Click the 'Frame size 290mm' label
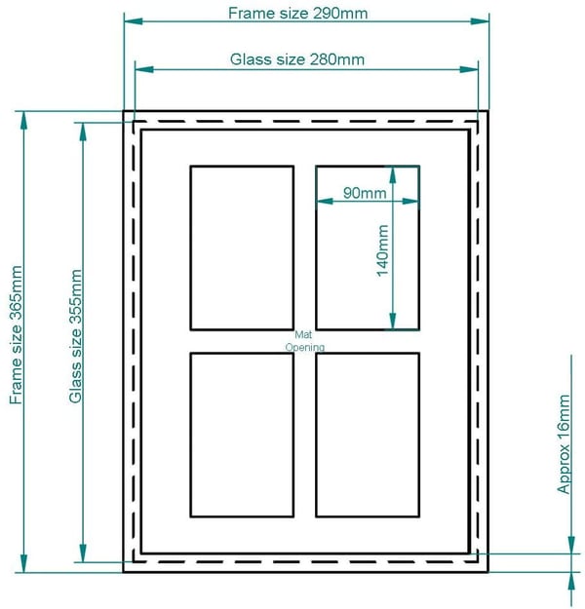[297, 14]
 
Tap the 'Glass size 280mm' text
[297, 59]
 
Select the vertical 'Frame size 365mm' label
[16, 335]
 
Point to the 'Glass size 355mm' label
[75, 336]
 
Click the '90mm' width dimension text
[365, 193]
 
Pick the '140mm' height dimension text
[383, 250]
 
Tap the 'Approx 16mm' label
[564, 444]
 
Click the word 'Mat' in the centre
[303, 334]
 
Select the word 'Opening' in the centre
[305, 347]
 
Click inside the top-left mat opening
[242, 247]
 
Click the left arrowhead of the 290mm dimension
[134, 21]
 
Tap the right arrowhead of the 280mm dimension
[469, 69]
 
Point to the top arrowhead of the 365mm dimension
[24, 121]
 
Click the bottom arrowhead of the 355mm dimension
[83, 552]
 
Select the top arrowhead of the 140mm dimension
[393, 175]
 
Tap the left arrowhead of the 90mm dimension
[326, 201]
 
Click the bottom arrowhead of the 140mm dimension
[393, 322]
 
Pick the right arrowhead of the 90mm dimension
[410, 201]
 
